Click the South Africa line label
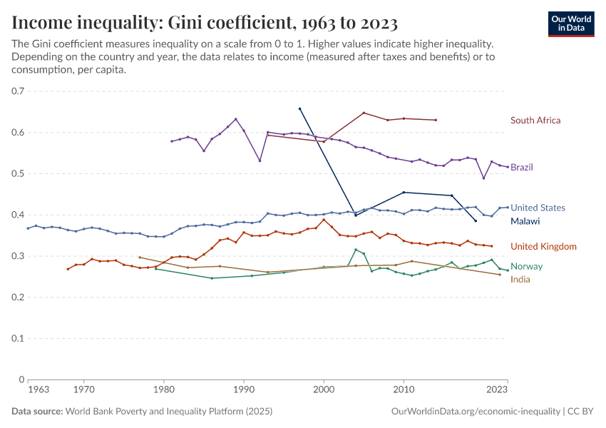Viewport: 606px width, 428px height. pyautogui.click(x=535, y=121)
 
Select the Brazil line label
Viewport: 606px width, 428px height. pyautogui.click(x=522, y=168)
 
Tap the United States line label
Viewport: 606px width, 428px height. pyautogui.click(x=538, y=208)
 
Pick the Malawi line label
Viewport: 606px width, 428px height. pyautogui.click(x=525, y=222)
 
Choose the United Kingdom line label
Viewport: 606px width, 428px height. pyautogui.click(x=543, y=247)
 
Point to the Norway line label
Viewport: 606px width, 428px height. pyautogui.click(x=526, y=267)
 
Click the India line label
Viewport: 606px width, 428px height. pyautogui.click(x=520, y=279)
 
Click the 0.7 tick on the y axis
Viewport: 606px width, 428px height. pyautogui.click(x=18, y=91)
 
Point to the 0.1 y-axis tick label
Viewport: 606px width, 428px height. pyautogui.click(x=18, y=339)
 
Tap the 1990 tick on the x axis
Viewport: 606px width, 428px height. pyautogui.click(x=244, y=390)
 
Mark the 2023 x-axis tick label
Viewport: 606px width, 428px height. pyautogui.click(x=497, y=390)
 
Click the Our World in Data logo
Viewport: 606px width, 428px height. pyautogui.click(x=571, y=24)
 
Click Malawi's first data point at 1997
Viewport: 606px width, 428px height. pyautogui.click(x=299, y=108)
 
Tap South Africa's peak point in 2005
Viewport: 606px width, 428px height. pyautogui.click(x=364, y=113)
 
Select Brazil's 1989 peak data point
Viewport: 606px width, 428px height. pyautogui.click(x=236, y=119)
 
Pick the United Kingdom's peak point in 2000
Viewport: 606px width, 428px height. pyautogui.click(x=324, y=220)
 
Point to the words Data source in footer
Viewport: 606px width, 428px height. pyautogui.click(x=36, y=412)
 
